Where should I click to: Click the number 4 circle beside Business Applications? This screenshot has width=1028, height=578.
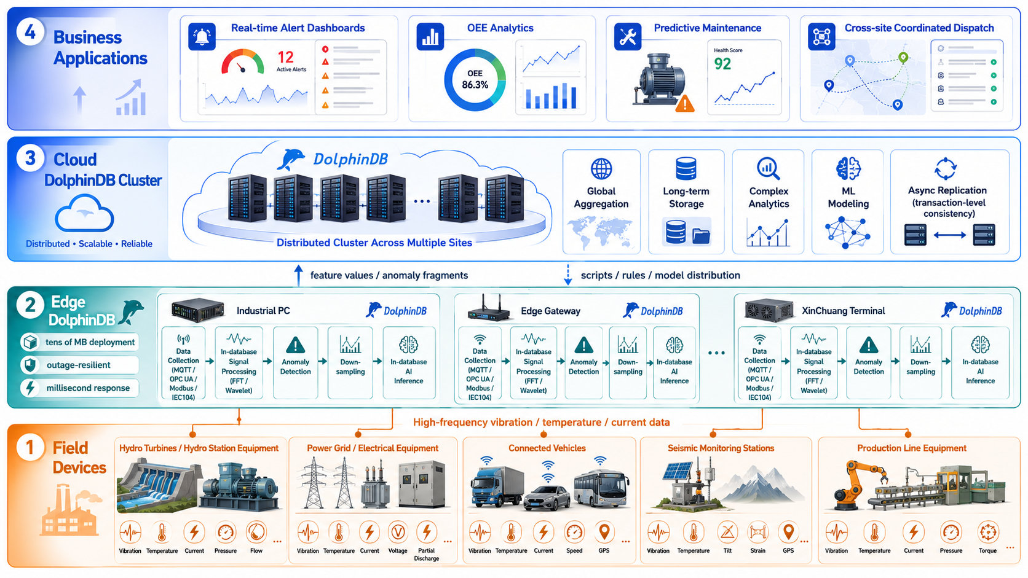point(30,32)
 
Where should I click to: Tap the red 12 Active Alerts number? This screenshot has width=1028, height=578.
point(285,57)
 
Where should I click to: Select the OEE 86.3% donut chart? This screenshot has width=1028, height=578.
point(475,80)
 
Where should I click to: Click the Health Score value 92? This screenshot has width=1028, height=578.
point(722,64)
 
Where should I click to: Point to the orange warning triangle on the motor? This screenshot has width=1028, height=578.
point(685,103)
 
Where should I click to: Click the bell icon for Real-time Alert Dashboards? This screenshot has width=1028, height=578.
point(202,37)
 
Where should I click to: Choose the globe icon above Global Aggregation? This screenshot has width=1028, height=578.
point(601,169)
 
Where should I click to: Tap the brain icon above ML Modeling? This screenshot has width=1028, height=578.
point(848,168)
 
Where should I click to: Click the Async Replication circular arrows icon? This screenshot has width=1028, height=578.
point(946,169)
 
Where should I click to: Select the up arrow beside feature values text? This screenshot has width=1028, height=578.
point(298,275)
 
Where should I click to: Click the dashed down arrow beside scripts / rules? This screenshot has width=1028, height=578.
point(567,274)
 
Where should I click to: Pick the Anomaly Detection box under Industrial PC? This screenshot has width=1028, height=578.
point(296,362)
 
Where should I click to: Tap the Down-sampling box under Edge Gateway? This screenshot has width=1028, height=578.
point(628,362)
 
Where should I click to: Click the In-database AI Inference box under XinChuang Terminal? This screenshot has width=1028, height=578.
point(980,362)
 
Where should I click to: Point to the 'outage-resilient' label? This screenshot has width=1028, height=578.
point(79,365)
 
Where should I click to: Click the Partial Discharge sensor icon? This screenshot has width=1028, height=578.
point(426,532)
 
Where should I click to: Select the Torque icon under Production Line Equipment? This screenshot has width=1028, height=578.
point(987,533)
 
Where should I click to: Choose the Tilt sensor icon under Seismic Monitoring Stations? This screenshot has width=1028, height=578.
point(727,532)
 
